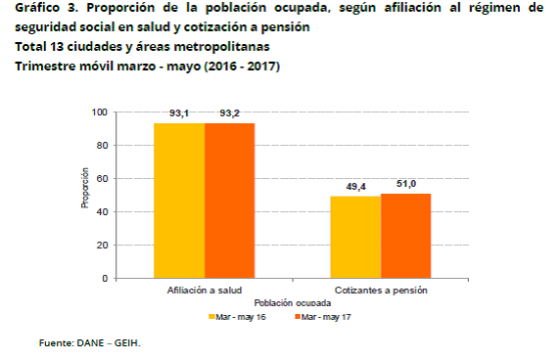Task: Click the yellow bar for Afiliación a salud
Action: [180, 201]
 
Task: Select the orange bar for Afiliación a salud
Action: [230, 201]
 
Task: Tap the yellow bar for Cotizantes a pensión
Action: [355, 238]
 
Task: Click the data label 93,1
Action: [179, 114]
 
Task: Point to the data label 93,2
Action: [230, 114]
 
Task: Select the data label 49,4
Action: [355, 188]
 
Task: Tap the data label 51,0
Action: [405, 185]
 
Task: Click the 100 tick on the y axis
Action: [100, 112]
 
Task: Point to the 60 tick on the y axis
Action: [102, 178]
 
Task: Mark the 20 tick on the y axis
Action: [102, 245]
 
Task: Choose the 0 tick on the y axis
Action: [105, 278]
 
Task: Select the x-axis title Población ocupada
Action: [293, 304]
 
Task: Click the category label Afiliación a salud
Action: [205, 292]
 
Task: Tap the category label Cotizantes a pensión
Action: [380, 292]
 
